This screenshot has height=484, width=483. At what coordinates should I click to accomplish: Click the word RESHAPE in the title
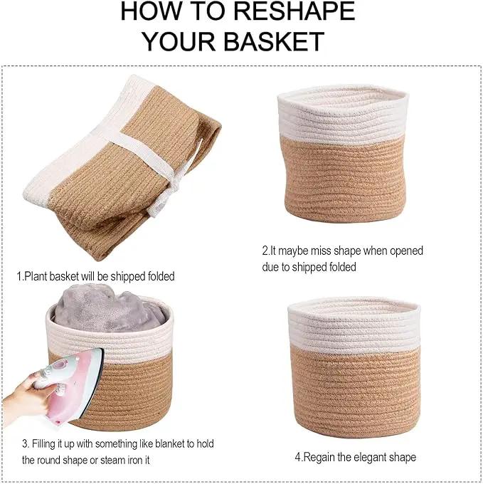(294, 11)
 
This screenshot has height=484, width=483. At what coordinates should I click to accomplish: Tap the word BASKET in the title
(274, 41)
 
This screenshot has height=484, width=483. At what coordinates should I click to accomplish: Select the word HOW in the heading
(150, 11)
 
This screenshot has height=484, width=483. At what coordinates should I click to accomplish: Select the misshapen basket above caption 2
(343, 154)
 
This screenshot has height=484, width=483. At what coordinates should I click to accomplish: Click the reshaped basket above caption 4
(354, 366)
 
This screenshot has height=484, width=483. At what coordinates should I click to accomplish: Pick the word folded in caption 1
(161, 276)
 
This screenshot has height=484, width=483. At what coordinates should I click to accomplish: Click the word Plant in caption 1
(36, 276)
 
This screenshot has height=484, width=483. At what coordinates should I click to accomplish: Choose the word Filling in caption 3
(44, 444)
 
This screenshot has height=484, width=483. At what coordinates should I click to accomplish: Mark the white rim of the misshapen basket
(344, 114)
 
